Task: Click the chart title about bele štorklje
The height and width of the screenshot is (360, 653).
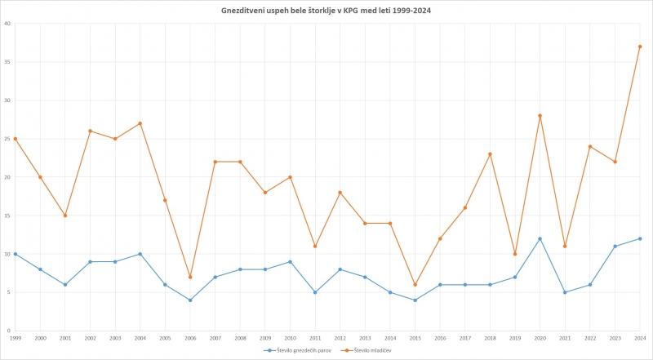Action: pyautogui.click(x=326, y=11)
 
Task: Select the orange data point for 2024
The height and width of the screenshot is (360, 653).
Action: pyautogui.click(x=640, y=47)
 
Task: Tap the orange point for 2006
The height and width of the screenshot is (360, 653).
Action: pyautogui.click(x=189, y=277)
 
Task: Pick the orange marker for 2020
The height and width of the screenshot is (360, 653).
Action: pyautogui.click(x=540, y=116)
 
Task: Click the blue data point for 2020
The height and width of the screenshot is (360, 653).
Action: pyautogui.click(x=540, y=238)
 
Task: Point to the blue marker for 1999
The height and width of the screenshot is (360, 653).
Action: pyautogui.click(x=15, y=254)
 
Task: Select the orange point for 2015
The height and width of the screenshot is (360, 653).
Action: pyautogui.click(x=415, y=285)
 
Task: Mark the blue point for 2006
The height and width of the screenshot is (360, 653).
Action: pyautogui.click(x=189, y=300)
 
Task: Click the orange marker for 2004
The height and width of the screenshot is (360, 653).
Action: pyautogui.click(x=140, y=123)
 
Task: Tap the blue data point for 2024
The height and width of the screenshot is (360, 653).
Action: pyautogui.click(x=640, y=238)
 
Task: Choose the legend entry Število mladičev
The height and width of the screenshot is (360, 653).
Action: pyautogui.click(x=369, y=350)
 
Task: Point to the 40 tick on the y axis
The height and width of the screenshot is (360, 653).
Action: pyautogui.click(x=7, y=24)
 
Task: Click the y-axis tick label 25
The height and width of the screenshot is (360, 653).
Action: pyautogui.click(x=7, y=139)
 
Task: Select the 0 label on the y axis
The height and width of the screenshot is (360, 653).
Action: pyautogui.click(x=8, y=331)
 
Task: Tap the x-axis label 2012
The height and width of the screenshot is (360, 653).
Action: pyautogui.click(x=340, y=337)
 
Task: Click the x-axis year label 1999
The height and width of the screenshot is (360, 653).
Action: pyautogui.click(x=15, y=337)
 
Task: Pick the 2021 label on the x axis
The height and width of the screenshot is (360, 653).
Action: pyautogui.click(x=565, y=337)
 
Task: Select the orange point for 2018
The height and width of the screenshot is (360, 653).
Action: pyautogui.click(x=490, y=154)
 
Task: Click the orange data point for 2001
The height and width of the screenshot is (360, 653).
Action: pyautogui.click(x=64, y=216)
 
